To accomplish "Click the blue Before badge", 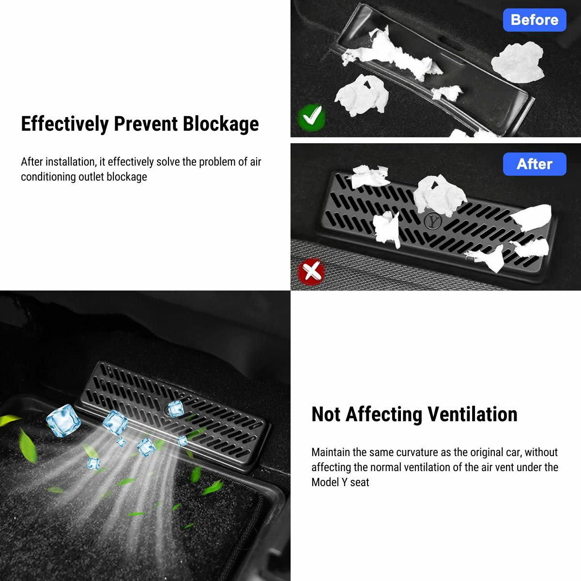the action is [x=534, y=20].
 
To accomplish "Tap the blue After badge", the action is [x=534, y=164].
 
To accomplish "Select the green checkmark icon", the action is [x=311, y=117].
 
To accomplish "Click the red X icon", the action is [x=311, y=271].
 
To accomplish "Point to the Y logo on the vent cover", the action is [x=433, y=221].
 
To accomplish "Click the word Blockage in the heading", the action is [x=221, y=124].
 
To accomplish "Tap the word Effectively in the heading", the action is [x=65, y=124].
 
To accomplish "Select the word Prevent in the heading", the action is [x=146, y=124].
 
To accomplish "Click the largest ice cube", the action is [x=63, y=421].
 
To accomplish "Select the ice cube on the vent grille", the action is [x=175, y=409].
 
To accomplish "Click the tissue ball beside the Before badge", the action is [x=518, y=62].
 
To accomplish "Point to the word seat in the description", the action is [x=359, y=482].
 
